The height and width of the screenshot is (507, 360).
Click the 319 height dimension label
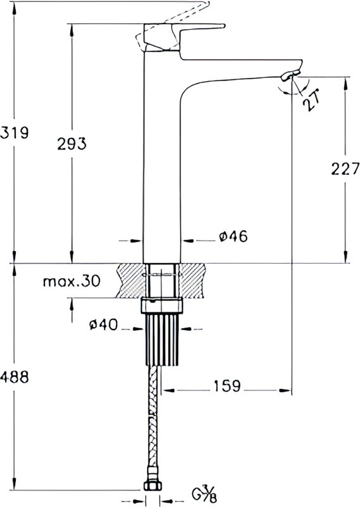15,133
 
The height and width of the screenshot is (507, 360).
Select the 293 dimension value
72,144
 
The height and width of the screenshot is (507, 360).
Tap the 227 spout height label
345,168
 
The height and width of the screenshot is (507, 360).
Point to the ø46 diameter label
233,236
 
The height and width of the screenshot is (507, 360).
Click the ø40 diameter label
103,324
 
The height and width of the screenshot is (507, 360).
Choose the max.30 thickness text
72,281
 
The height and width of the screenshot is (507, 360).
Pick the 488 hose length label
15,376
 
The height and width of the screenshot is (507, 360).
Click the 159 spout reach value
227,386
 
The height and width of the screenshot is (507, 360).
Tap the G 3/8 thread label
205,494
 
